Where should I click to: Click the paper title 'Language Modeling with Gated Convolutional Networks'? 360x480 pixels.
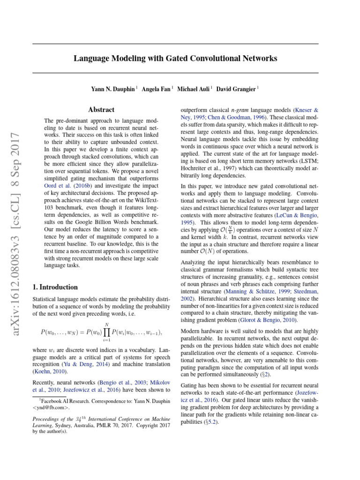point(175,59)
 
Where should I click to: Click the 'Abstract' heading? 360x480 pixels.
point(102,110)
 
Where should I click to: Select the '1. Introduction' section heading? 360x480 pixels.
point(55,287)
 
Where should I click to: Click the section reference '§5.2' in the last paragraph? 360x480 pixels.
point(210,421)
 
